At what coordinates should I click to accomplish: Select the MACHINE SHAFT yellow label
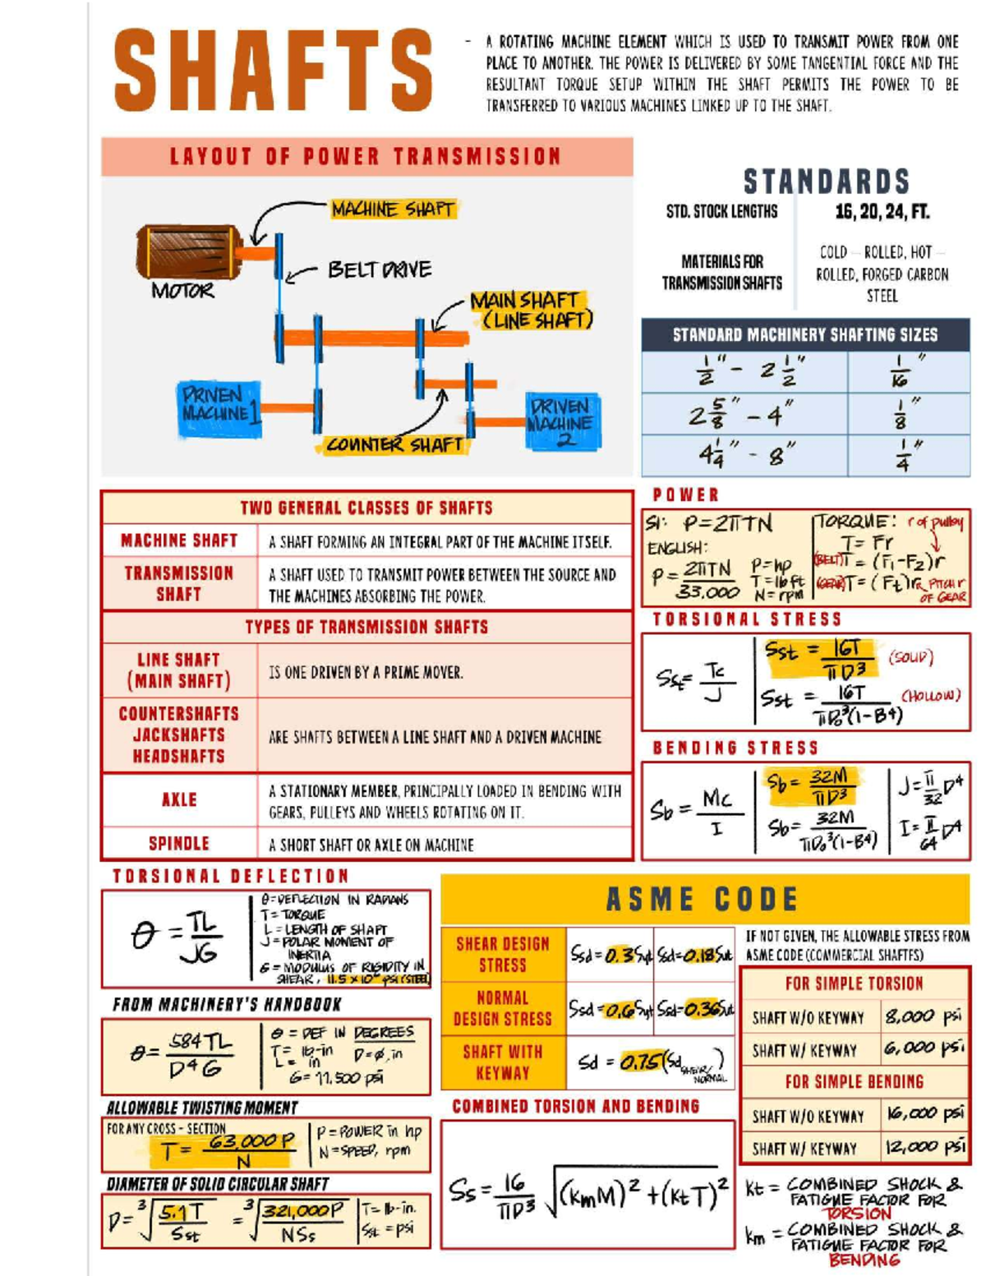[x=392, y=210]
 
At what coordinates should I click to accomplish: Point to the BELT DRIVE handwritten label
[x=379, y=269]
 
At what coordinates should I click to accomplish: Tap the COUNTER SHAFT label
[x=394, y=445]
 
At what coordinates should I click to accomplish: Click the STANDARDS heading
[x=826, y=182]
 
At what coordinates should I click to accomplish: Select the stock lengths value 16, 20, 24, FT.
[x=882, y=212]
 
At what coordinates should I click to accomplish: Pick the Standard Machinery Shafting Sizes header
[x=804, y=335]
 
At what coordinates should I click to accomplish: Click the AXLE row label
[x=179, y=800]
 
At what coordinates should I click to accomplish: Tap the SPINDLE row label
[x=179, y=844]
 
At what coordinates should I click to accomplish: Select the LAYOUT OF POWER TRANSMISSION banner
[x=366, y=157]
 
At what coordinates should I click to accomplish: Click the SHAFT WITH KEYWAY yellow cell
[x=503, y=1062]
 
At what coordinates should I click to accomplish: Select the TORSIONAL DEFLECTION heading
[x=231, y=877]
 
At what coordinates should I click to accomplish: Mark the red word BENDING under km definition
[x=864, y=1260]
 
